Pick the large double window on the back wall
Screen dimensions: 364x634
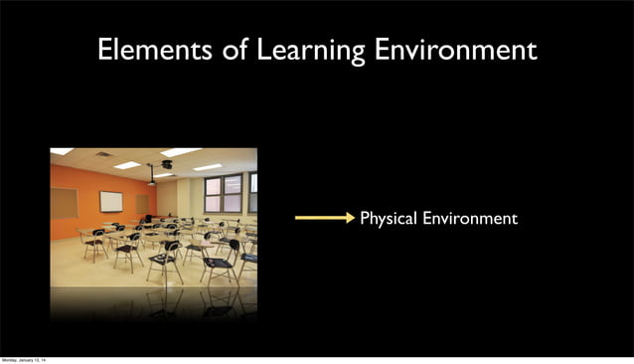point(224,193)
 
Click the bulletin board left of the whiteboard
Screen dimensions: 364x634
point(65,204)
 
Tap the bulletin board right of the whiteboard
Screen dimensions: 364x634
point(142,203)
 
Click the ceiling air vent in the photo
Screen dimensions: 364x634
point(103,155)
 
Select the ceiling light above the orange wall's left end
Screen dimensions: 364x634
point(62,151)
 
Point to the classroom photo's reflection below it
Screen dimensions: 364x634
point(153,303)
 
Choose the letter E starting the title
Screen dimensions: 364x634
point(104,50)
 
